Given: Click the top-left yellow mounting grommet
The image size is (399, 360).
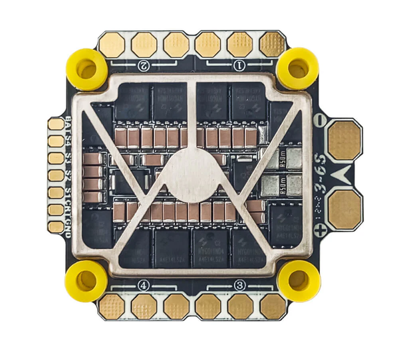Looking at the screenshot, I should tap(87, 68).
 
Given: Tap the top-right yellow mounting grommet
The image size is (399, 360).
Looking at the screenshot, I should tap(297, 68).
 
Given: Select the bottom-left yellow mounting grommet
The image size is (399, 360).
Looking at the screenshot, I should tap(86, 280).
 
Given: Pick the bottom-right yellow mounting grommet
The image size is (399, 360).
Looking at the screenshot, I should tap(299, 280).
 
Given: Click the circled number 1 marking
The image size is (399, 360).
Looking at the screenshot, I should tap(240, 65).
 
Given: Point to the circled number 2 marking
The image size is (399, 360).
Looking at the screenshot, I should tap(144, 65).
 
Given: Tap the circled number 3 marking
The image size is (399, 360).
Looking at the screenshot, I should tap(240, 285).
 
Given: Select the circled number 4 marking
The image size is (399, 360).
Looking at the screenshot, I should tap(144, 285).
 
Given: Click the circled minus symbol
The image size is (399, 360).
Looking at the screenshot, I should tap(319, 120).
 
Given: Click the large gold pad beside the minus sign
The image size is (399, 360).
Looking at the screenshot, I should tap(344, 139).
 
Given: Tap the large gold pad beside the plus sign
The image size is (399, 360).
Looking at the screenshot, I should tap(344, 210).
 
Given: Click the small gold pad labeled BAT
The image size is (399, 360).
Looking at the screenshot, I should tap(56, 124).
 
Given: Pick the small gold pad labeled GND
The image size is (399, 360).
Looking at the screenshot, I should tap(56, 226).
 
